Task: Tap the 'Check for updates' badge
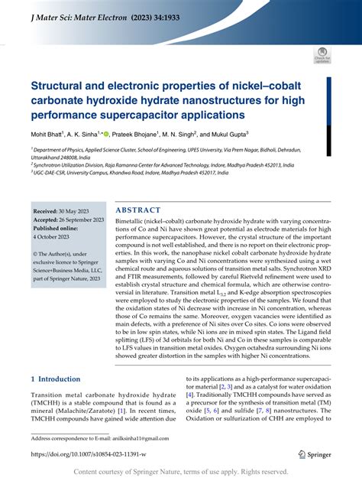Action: [322, 55]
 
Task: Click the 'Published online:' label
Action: [60, 228]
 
